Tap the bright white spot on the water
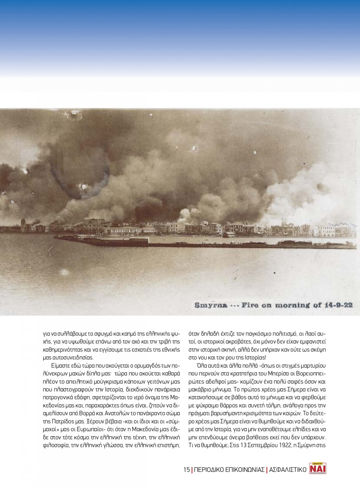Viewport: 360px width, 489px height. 64,271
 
